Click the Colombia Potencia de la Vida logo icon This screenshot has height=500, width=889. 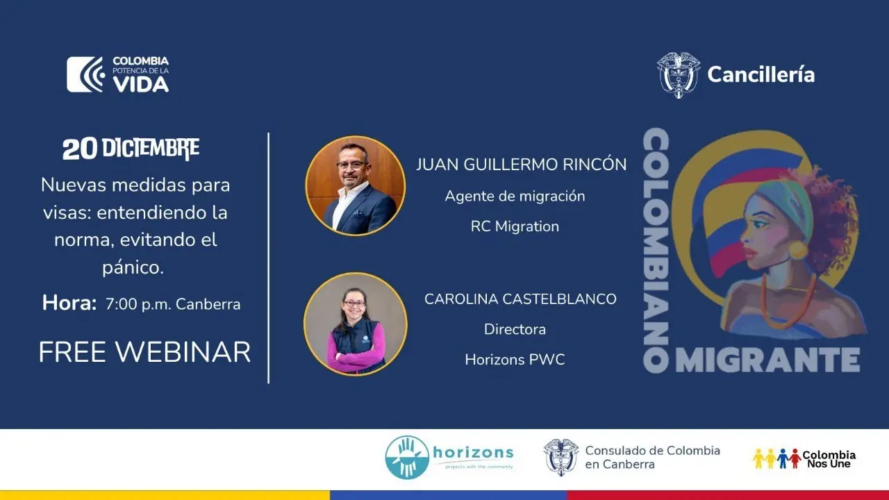86,74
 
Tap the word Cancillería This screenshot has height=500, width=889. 761,74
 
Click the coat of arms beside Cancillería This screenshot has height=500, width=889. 679,74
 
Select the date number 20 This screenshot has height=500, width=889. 80,149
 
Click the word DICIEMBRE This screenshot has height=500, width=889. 151,149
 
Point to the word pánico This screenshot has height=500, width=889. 133,267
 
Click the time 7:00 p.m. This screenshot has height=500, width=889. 138,304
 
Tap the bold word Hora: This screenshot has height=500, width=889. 69,303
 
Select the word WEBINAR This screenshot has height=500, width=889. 183,352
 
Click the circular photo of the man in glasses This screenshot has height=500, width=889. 355,185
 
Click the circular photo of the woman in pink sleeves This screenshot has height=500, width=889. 355,324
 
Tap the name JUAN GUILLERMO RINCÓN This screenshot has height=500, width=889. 521,165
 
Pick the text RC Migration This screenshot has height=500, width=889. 515,226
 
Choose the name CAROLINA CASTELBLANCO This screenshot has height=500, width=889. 520,299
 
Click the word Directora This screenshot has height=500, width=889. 515,329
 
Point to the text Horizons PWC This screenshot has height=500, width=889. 515,360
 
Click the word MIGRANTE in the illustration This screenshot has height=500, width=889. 768,360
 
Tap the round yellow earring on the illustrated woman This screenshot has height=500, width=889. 799,249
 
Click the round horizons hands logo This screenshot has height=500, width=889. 407,458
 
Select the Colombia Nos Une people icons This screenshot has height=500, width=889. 776,459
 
